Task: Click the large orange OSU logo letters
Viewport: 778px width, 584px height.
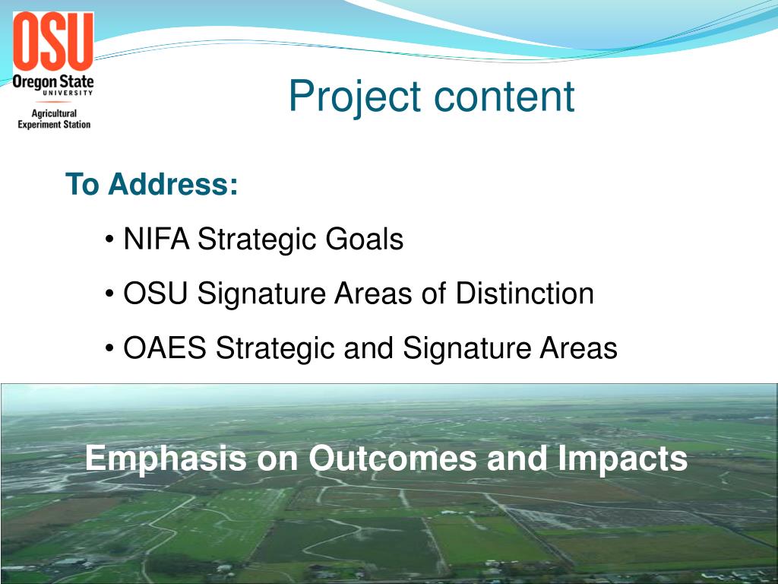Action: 52,42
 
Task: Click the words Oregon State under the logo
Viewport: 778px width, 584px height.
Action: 52,81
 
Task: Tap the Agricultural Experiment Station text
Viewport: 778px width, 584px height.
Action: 53,119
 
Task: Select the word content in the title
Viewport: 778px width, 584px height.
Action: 504,97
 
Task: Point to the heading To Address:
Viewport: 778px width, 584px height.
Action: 152,185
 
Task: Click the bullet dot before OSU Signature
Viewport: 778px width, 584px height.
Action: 110,295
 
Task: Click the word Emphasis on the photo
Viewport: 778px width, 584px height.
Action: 166,459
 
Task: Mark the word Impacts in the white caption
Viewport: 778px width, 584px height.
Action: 622,459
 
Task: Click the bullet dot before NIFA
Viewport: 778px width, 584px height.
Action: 110,241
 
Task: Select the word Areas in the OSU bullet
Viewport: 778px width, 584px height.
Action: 375,294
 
